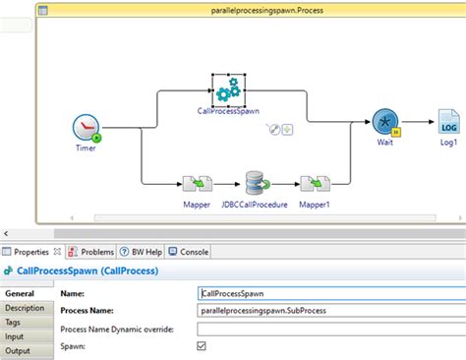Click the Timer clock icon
pos(87,128)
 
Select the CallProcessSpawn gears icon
pos(228,90)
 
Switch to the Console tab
pos(194,251)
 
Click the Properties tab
pos(30,251)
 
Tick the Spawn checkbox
pos(203,345)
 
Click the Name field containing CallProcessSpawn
pos(324,292)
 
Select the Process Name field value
pos(324,310)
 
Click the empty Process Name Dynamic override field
pos(324,328)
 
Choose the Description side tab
pos(25,308)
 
